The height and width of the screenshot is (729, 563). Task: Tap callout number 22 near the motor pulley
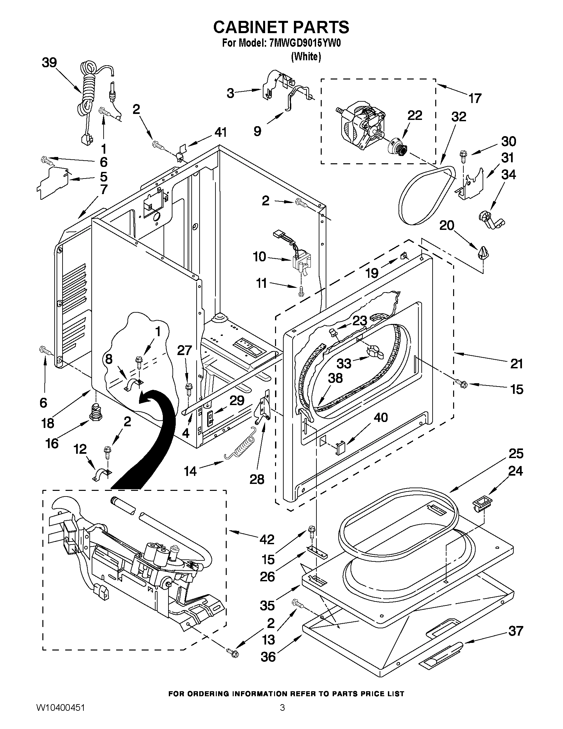point(415,115)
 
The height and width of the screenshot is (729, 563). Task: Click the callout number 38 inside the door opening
point(335,378)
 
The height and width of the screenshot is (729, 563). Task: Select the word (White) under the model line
point(306,57)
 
